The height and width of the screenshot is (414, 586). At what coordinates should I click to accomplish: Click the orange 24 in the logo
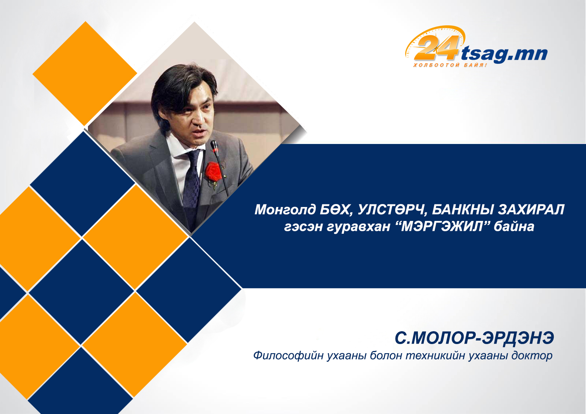436,47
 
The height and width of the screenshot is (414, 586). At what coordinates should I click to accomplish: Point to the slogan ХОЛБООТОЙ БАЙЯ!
450,65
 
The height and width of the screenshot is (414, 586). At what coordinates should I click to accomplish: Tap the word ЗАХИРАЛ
531,210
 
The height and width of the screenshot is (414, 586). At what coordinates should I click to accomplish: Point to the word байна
514,226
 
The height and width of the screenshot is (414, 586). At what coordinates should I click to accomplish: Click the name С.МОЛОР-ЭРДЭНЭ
474,338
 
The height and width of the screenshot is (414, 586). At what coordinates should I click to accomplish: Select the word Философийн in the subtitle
288,356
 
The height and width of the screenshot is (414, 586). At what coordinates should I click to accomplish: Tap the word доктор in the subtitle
532,356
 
